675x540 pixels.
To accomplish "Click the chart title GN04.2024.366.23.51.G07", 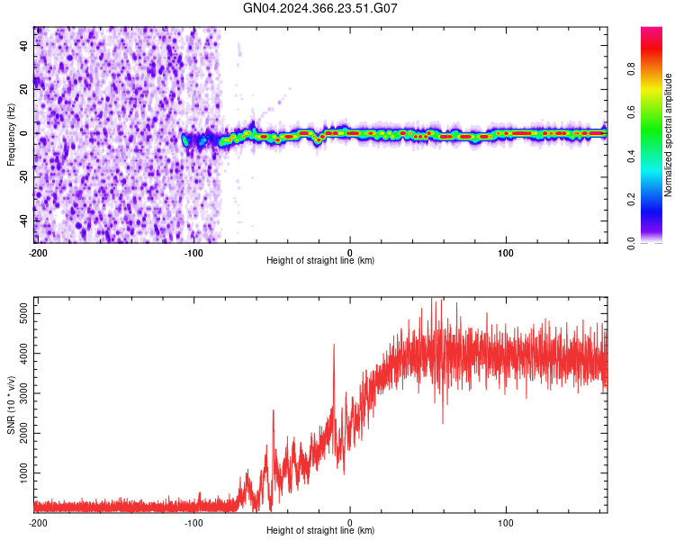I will [x=320, y=8].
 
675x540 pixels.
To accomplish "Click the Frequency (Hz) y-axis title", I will [x=11, y=134].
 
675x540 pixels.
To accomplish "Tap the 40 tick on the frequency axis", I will [x=25, y=47].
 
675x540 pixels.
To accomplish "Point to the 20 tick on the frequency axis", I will [x=25, y=90].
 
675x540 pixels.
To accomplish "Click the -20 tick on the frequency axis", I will [x=23, y=177].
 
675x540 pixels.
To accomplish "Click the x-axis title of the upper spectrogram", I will [x=320, y=261].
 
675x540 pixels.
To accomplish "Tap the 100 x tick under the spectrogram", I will [x=506, y=252].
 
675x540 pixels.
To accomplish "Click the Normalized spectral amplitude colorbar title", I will [x=669, y=135].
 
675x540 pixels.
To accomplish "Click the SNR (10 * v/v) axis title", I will [x=11, y=404].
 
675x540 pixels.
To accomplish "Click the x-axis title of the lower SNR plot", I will [x=320, y=531].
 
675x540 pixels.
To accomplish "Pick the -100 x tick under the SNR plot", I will [x=193, y=522].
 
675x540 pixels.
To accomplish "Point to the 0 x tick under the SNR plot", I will [x=350, y=522].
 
